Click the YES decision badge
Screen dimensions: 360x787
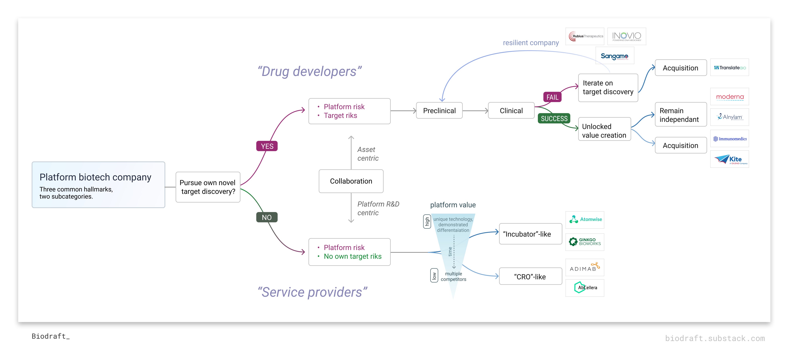(x=267, y=146)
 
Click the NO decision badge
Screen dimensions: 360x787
(x=267, y=217)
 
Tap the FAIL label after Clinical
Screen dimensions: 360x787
(x=552, y=97)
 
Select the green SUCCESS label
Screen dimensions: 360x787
(x=554, y=118)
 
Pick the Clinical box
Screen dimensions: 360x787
(x=511, y=111)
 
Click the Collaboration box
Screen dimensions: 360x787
(x=351, y=181)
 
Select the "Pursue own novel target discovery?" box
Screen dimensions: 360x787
(x=208, y=187)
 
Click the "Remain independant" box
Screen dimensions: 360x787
(x=680, y=115)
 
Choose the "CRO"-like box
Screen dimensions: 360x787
(x=530, y=277)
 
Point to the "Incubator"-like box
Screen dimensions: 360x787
(x=530, y=234)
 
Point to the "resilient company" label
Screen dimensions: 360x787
(x=531, y=43)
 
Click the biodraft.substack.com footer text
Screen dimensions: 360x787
(x=715, y=338)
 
